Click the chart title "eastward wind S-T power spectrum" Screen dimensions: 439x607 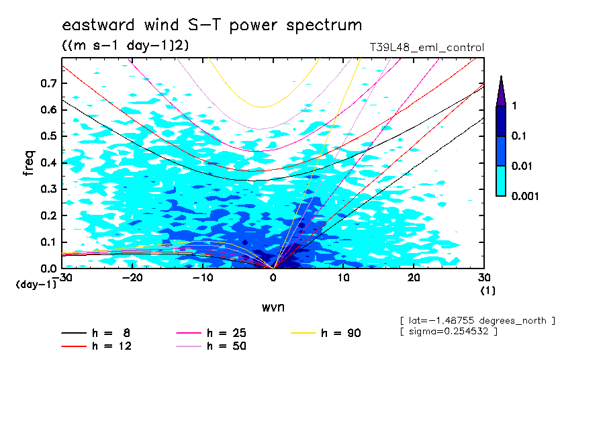(212, 26)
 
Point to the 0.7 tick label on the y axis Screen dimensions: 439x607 (47, 83)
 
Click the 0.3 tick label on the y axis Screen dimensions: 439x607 (47, 189)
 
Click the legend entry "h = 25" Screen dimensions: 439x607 (228, 333)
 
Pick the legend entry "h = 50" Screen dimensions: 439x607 (228, 346)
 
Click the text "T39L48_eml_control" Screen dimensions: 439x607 (427, 48)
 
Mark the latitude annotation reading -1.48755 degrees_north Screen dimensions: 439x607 (477, 321)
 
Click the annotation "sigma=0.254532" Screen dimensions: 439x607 (448, 332)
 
